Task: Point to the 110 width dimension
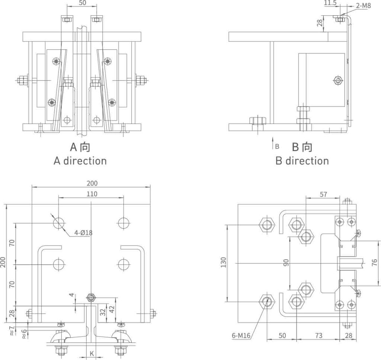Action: (x=92, y=194)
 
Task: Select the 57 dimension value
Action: (x=323, y=194)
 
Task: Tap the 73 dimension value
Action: (x=318, y=335)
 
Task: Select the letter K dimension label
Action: (x=92, y=354)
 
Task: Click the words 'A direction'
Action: (x=80, y=161)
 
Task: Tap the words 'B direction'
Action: (x=302, y=161)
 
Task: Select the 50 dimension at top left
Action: (x=83, y=3)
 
